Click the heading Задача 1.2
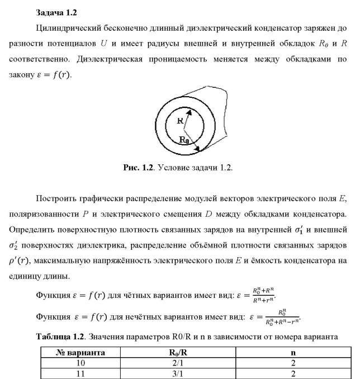[55, 11]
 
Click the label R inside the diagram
[180, 120]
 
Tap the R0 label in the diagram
[183, 140]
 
